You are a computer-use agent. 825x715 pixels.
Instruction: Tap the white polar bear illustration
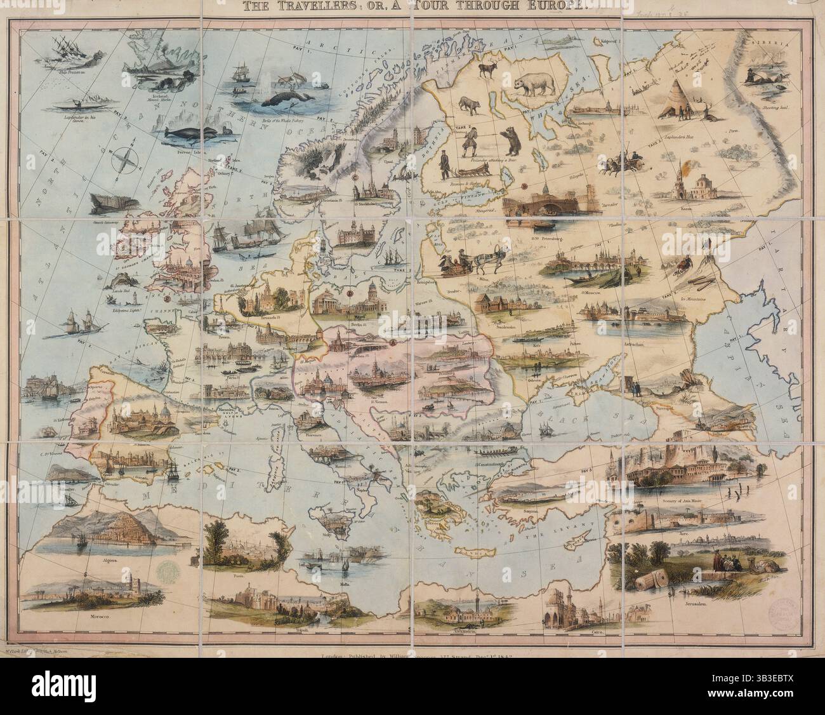click(533, 83)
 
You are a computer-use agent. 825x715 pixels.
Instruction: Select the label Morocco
click(87, 615)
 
